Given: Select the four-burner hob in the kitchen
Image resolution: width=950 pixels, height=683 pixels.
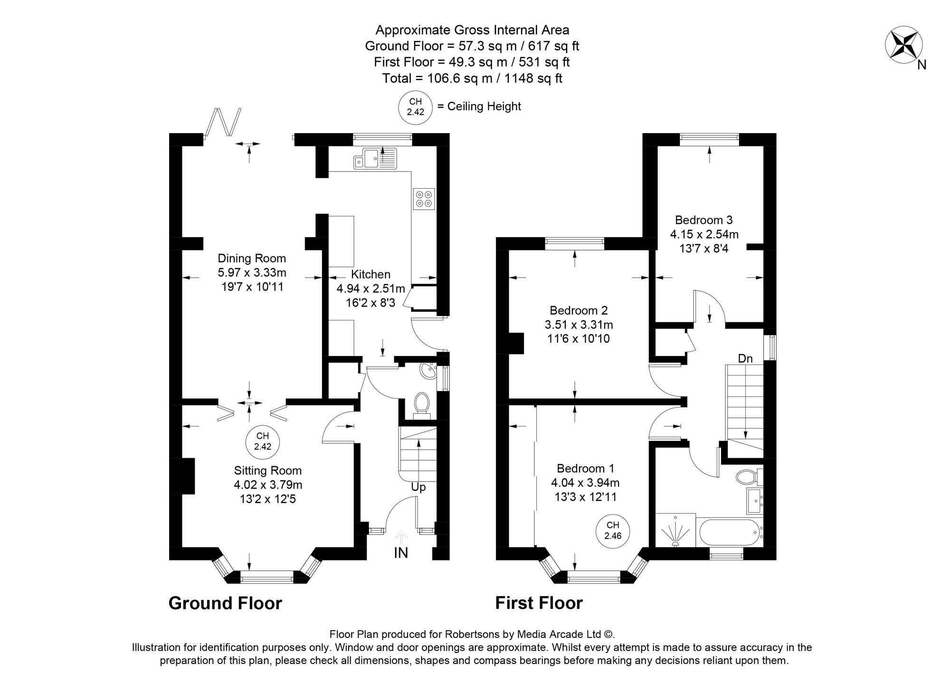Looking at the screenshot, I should click(424, 199).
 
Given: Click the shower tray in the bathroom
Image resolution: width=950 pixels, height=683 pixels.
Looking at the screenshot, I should click(675, 530).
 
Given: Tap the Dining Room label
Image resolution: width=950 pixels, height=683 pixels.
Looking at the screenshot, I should click(252, 259).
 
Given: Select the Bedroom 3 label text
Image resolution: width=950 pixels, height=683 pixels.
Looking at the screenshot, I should click(703, 220).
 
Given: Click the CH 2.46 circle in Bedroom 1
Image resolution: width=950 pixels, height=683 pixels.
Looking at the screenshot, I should click(613, 530).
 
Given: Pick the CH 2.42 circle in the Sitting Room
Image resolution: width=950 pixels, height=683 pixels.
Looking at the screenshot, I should click(262, 441).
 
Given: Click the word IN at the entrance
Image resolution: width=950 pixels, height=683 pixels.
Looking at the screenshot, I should click(401, 553).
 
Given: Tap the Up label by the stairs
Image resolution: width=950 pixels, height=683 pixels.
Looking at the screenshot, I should click(418, 487).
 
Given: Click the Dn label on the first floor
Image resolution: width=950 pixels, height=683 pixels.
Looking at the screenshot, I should click(745, 359).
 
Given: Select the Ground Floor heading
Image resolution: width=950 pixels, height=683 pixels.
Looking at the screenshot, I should click(225, 603).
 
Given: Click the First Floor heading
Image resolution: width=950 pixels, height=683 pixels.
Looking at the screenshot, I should click(539, 603).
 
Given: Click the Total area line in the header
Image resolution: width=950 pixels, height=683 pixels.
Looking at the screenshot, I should click(472, 78).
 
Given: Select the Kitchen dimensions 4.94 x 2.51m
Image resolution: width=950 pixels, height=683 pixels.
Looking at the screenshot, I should click(370, 289).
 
